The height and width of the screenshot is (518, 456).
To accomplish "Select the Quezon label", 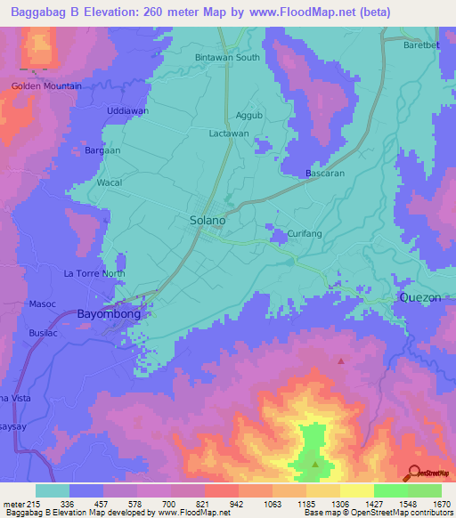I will click(419, 298).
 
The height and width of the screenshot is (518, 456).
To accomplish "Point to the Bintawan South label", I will click(227, 58).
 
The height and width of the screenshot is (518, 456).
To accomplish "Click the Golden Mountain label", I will click(46, 86).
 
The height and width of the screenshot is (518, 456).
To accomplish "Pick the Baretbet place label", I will click(421, 45).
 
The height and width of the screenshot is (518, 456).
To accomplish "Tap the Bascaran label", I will click(325, 173).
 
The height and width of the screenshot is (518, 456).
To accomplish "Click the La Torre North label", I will click(94, 273).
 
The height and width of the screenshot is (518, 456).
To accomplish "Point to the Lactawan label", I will click(228, 134).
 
